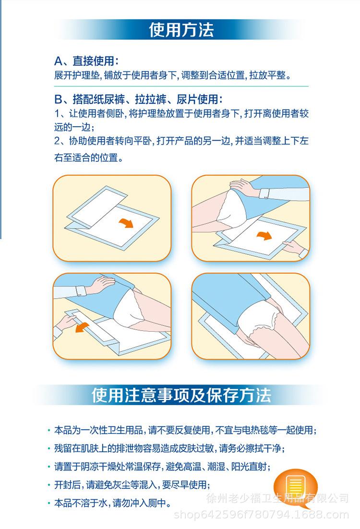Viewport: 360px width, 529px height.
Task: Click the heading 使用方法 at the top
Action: pos(181,29)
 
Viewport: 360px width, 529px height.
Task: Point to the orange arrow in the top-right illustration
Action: pos(264,236)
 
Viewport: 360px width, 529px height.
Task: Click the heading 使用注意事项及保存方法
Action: pos(181,395)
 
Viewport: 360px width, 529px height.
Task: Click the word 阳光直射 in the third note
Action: pos(252,467)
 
